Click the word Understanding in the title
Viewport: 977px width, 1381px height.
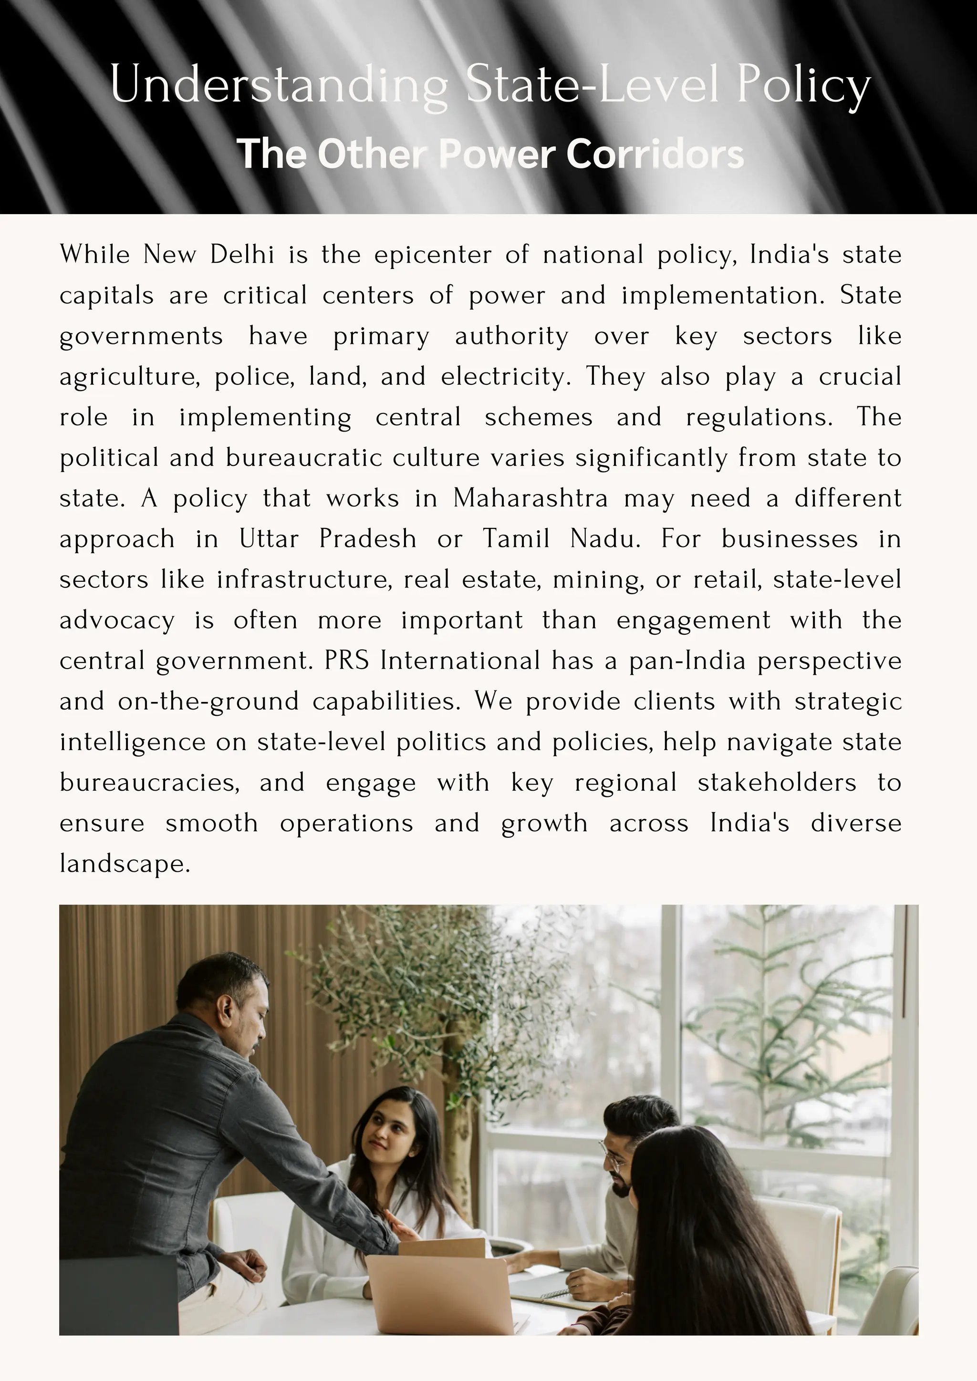(x=279, y=85)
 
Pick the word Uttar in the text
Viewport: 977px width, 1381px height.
(x=268, y=539)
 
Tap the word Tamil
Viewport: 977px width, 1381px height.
(x=516, y=539)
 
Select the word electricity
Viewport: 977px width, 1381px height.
(x=505, y=377)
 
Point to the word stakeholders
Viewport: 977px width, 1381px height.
(x=777, y=783)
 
